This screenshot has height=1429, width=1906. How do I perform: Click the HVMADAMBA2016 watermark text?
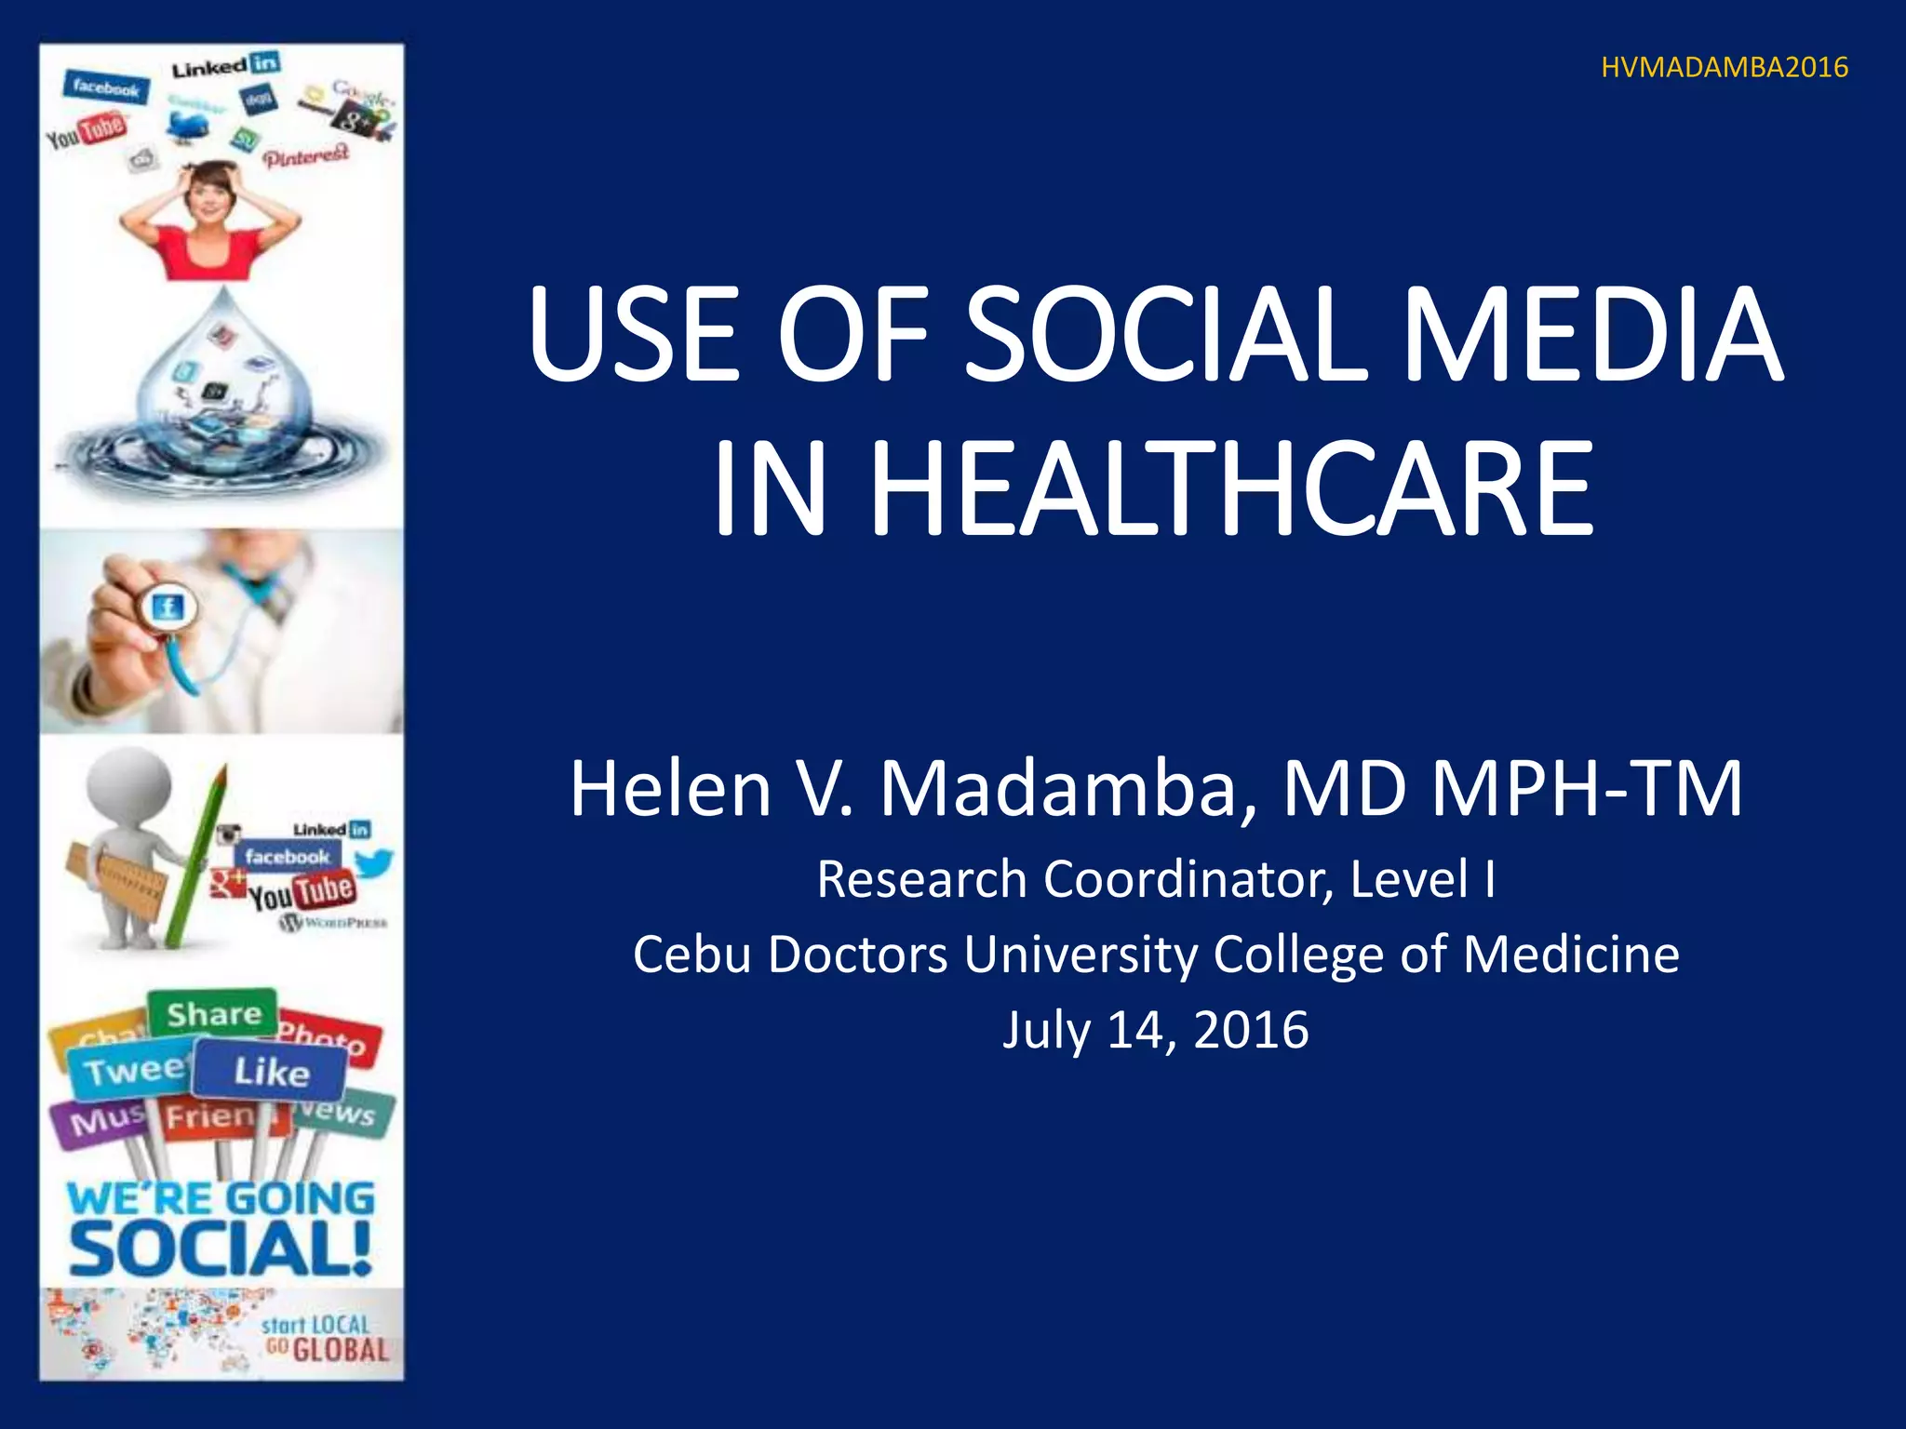1724,68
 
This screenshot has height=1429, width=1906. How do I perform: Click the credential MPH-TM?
1586,789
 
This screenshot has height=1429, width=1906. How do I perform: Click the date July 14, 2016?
1155,1030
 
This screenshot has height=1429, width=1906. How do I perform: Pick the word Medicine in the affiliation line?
1571,955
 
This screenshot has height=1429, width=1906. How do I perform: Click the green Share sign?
213,1013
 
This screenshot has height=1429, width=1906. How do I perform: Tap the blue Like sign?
271,1072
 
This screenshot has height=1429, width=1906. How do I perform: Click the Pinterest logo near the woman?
306,156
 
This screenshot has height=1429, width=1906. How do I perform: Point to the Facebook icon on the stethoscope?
168,609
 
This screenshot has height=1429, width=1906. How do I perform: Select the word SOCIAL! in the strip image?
221,1249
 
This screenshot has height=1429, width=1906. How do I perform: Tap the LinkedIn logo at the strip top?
225,66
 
